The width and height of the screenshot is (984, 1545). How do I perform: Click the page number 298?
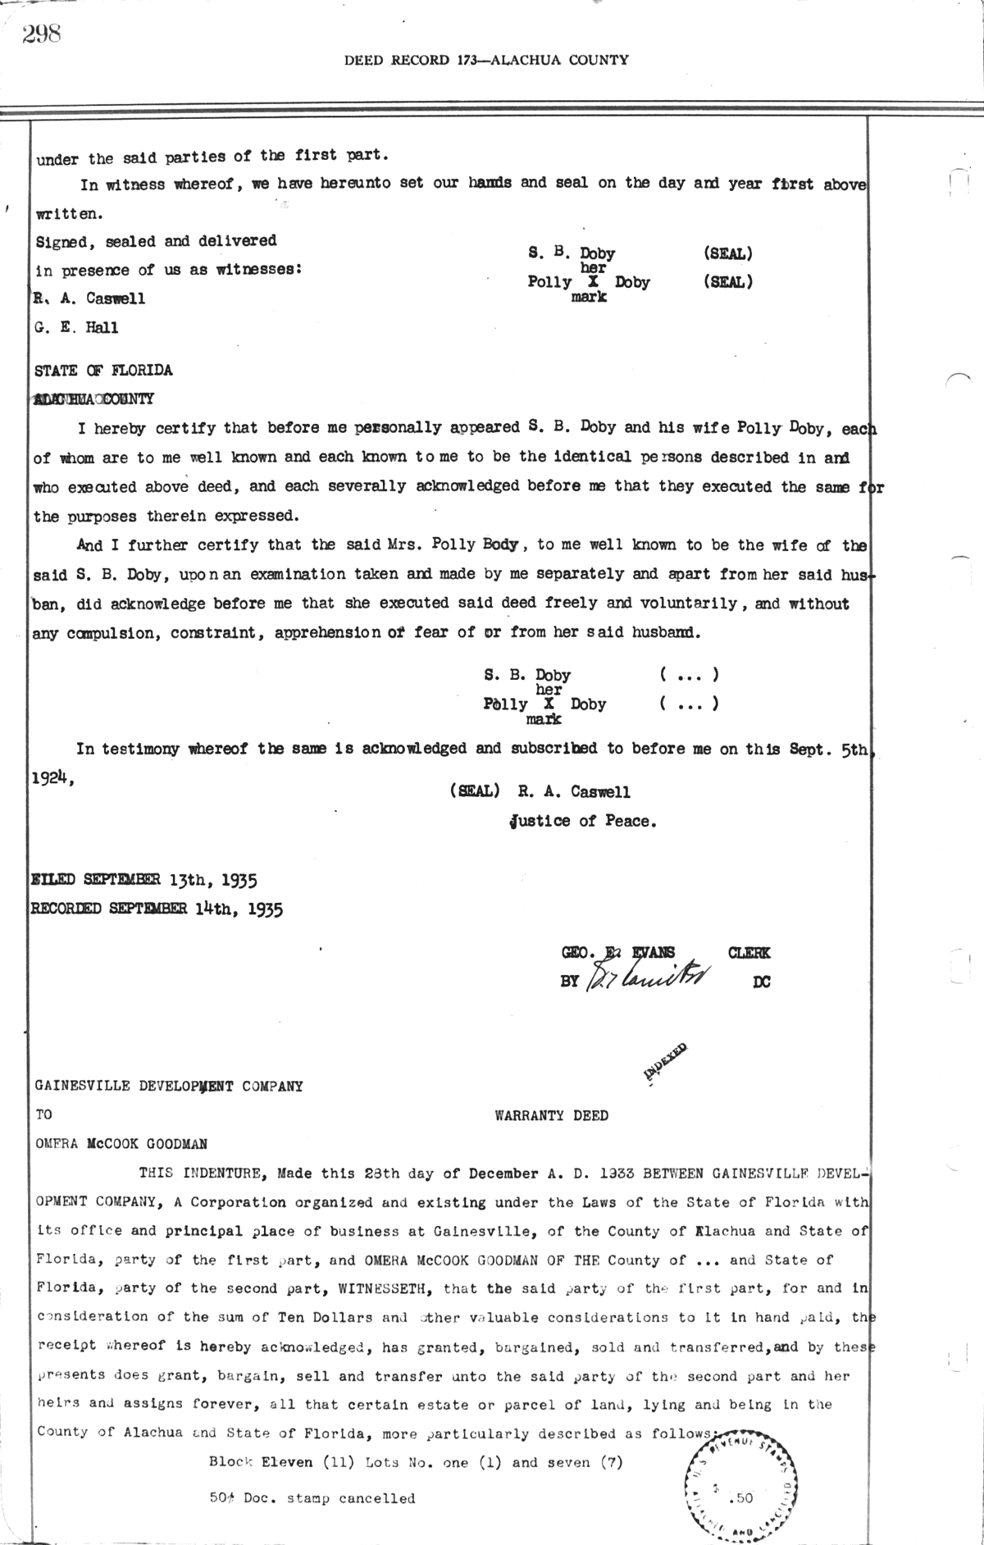[43, 34]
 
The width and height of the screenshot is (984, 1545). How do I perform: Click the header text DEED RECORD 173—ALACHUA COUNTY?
[486, 60]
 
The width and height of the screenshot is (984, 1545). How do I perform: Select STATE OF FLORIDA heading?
[104, 371]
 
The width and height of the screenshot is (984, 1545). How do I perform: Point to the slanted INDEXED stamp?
[666, 1064]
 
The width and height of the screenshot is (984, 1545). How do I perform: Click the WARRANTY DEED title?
[551, 1115]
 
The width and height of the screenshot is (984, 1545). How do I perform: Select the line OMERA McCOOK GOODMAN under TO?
[121, 1144]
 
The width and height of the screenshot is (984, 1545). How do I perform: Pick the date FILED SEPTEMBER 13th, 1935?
[144, 881]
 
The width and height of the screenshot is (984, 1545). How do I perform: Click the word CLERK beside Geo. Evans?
[749, 953]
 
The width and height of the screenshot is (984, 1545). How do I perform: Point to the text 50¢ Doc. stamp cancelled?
[312, 1498]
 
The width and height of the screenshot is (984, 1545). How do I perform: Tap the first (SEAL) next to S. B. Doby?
[728, 254]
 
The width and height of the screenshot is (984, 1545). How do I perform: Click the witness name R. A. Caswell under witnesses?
[90, 299]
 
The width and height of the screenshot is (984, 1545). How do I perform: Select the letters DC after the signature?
[761, 981]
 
